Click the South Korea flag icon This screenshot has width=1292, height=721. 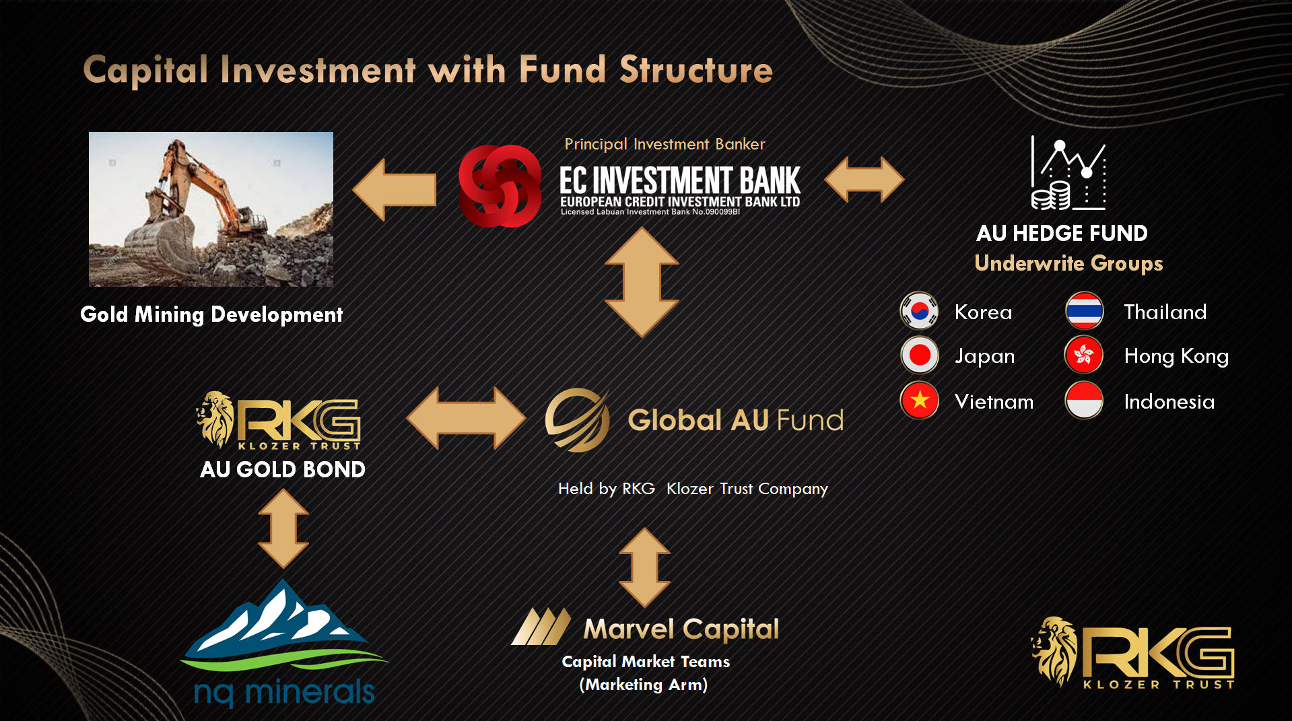(x=919, y=311)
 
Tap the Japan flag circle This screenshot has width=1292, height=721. (x=919, y=355)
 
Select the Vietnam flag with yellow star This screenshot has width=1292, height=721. (x=919, y=401)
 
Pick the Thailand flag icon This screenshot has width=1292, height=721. (x=1084, y=311)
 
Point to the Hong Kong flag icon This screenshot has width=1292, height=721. (x=1084, y=355)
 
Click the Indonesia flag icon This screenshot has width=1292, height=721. (x=1084, y=401)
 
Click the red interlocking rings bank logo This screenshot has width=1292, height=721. (x=500, y=186)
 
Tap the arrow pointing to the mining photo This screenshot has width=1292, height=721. (x=395, y=190)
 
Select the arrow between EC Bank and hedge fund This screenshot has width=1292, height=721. (x=864, y=180)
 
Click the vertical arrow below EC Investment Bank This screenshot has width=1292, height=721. (x=642, y=282)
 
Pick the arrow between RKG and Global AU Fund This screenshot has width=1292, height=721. (x=466, y=418)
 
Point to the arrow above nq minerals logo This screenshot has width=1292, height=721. (x=283, y=528)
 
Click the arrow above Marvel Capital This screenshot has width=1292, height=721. (x=644, y=568)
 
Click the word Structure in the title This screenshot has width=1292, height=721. (x=696, y=70)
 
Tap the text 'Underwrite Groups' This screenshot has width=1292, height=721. (x=1068, y=263)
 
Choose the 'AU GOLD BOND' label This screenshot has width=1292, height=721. (x=283, y=469)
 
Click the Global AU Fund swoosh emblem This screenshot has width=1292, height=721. (x=578, y=419)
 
